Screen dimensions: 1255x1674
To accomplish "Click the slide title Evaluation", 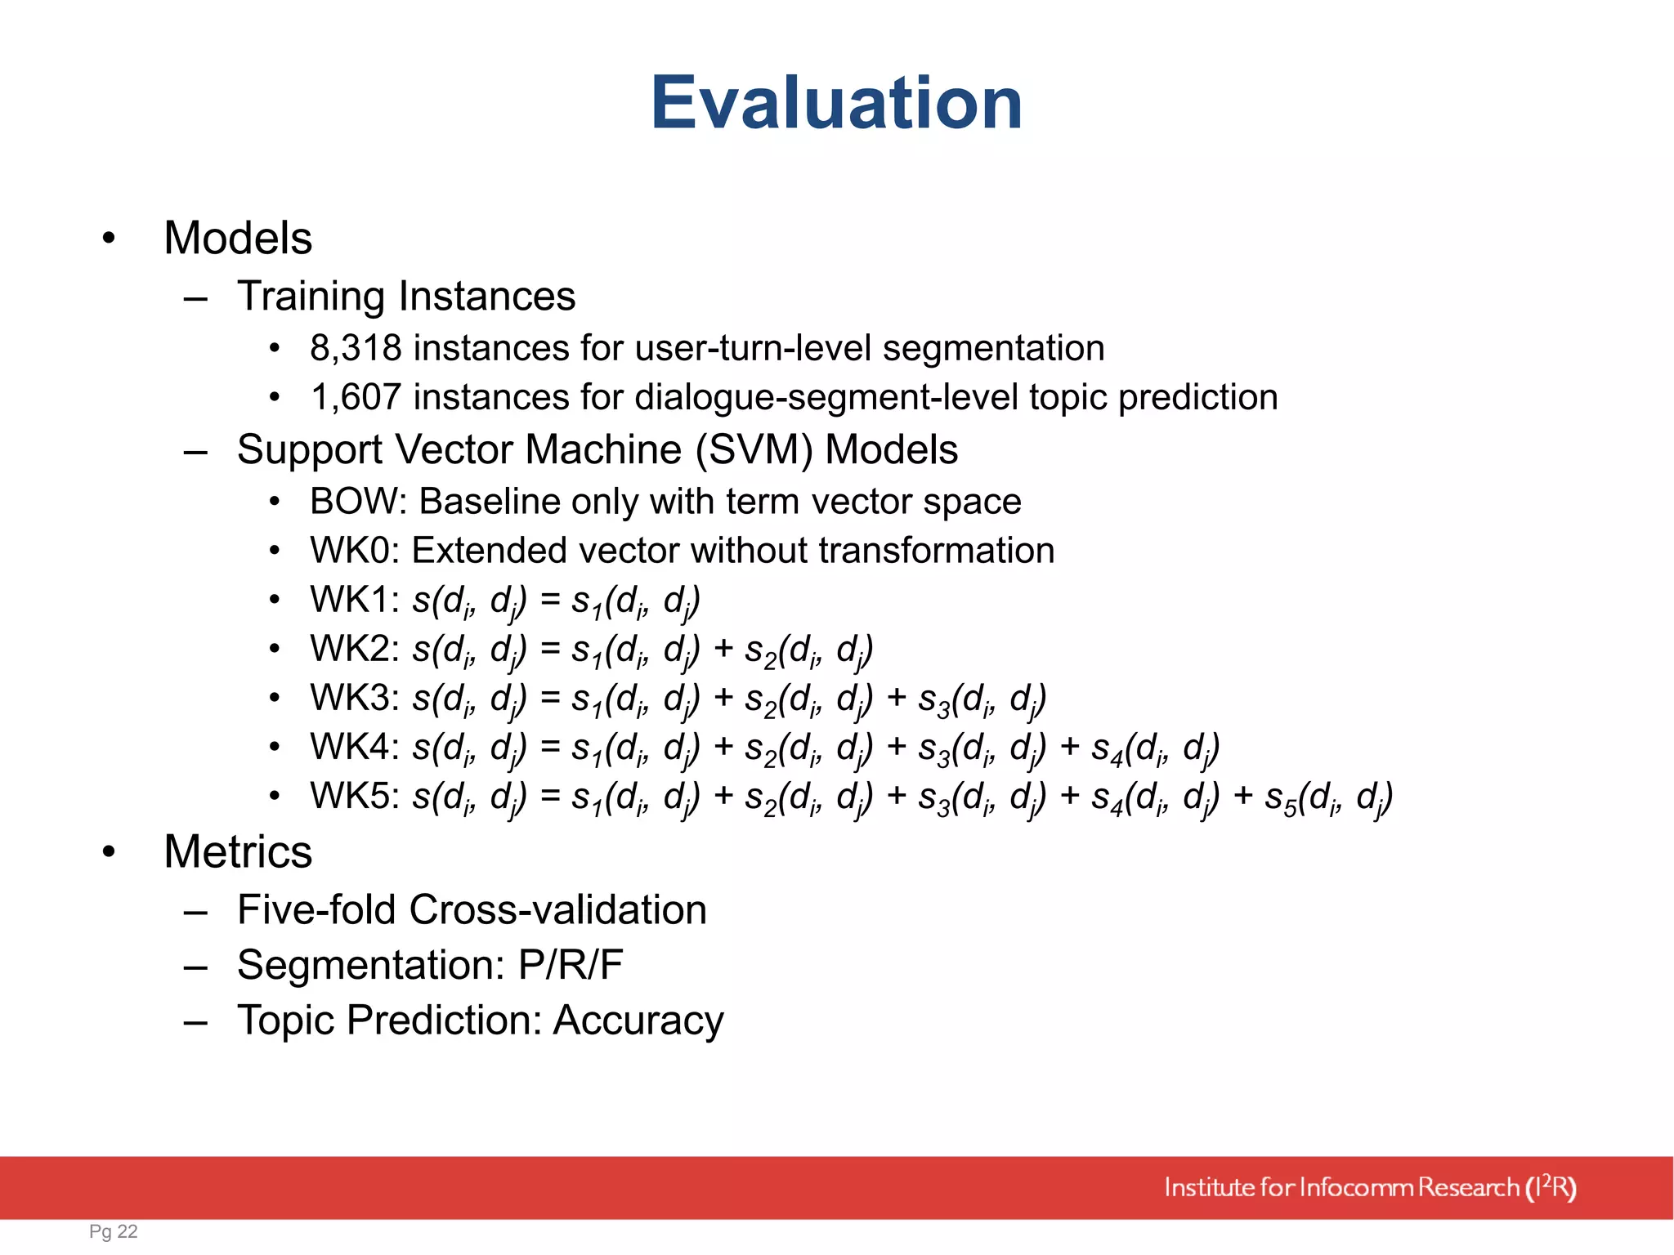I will tap(836, 103).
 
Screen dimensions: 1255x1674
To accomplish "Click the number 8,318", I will tap(356, 349).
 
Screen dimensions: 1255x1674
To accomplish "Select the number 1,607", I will tap(356, 398).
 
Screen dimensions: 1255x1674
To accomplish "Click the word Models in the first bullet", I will tap(238, 239).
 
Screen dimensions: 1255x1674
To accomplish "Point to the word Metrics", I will tap(238, 852).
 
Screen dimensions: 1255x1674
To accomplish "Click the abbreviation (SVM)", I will tap(754, 450).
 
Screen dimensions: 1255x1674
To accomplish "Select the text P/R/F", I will tap(571, 965).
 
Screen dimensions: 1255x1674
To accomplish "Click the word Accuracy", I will tap(638, 1021).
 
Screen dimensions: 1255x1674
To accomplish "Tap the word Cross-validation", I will tap(557, 910).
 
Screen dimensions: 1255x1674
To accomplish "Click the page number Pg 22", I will tap(114, 1231).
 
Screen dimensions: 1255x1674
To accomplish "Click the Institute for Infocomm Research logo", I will tap(1370, 1187).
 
